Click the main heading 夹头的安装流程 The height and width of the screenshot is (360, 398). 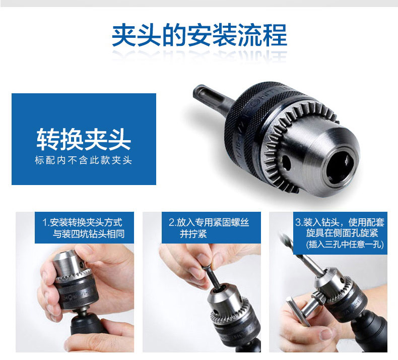(x=200, y=35)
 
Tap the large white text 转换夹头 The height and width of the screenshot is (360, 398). (x=84, y=139)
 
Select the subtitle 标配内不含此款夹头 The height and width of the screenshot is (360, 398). (x=84, y=160)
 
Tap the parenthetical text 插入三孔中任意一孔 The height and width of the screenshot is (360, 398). (x=345, y=244)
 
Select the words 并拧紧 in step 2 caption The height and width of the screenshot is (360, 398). (x=193, y=234)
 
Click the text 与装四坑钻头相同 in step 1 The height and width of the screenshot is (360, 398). (x=89, y=234)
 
